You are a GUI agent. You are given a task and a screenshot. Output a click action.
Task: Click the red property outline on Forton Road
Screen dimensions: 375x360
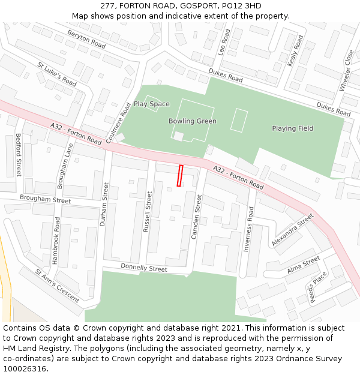(x=180, y=176)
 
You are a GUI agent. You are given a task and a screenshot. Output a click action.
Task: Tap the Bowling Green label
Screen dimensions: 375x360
(x=193, y=121)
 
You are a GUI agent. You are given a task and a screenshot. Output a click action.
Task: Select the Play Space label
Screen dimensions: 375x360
(x=151, y=104)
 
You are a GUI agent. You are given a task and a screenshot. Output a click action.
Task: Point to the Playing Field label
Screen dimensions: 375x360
(x=292, y=128)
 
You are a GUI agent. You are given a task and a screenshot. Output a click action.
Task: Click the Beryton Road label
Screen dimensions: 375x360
(x=86, y=40)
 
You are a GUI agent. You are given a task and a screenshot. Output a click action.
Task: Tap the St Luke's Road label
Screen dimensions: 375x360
(x=57, y=74)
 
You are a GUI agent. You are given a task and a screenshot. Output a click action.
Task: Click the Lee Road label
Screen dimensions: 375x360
(x=224, y=43)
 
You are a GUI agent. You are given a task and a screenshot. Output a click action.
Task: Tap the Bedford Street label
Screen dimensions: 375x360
(x=19, y=155)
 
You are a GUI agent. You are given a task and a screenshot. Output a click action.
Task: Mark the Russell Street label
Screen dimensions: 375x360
(x=148, y=211)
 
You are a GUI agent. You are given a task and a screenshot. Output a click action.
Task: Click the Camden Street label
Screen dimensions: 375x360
(x=196, y=216)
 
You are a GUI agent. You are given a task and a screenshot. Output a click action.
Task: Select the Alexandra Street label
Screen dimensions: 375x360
(x=292, y=230)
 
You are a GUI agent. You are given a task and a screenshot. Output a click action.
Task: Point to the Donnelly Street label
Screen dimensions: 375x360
(x=144, y=268)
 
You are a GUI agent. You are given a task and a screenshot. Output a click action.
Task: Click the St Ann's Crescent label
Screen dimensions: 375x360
(x=57, y=285)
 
